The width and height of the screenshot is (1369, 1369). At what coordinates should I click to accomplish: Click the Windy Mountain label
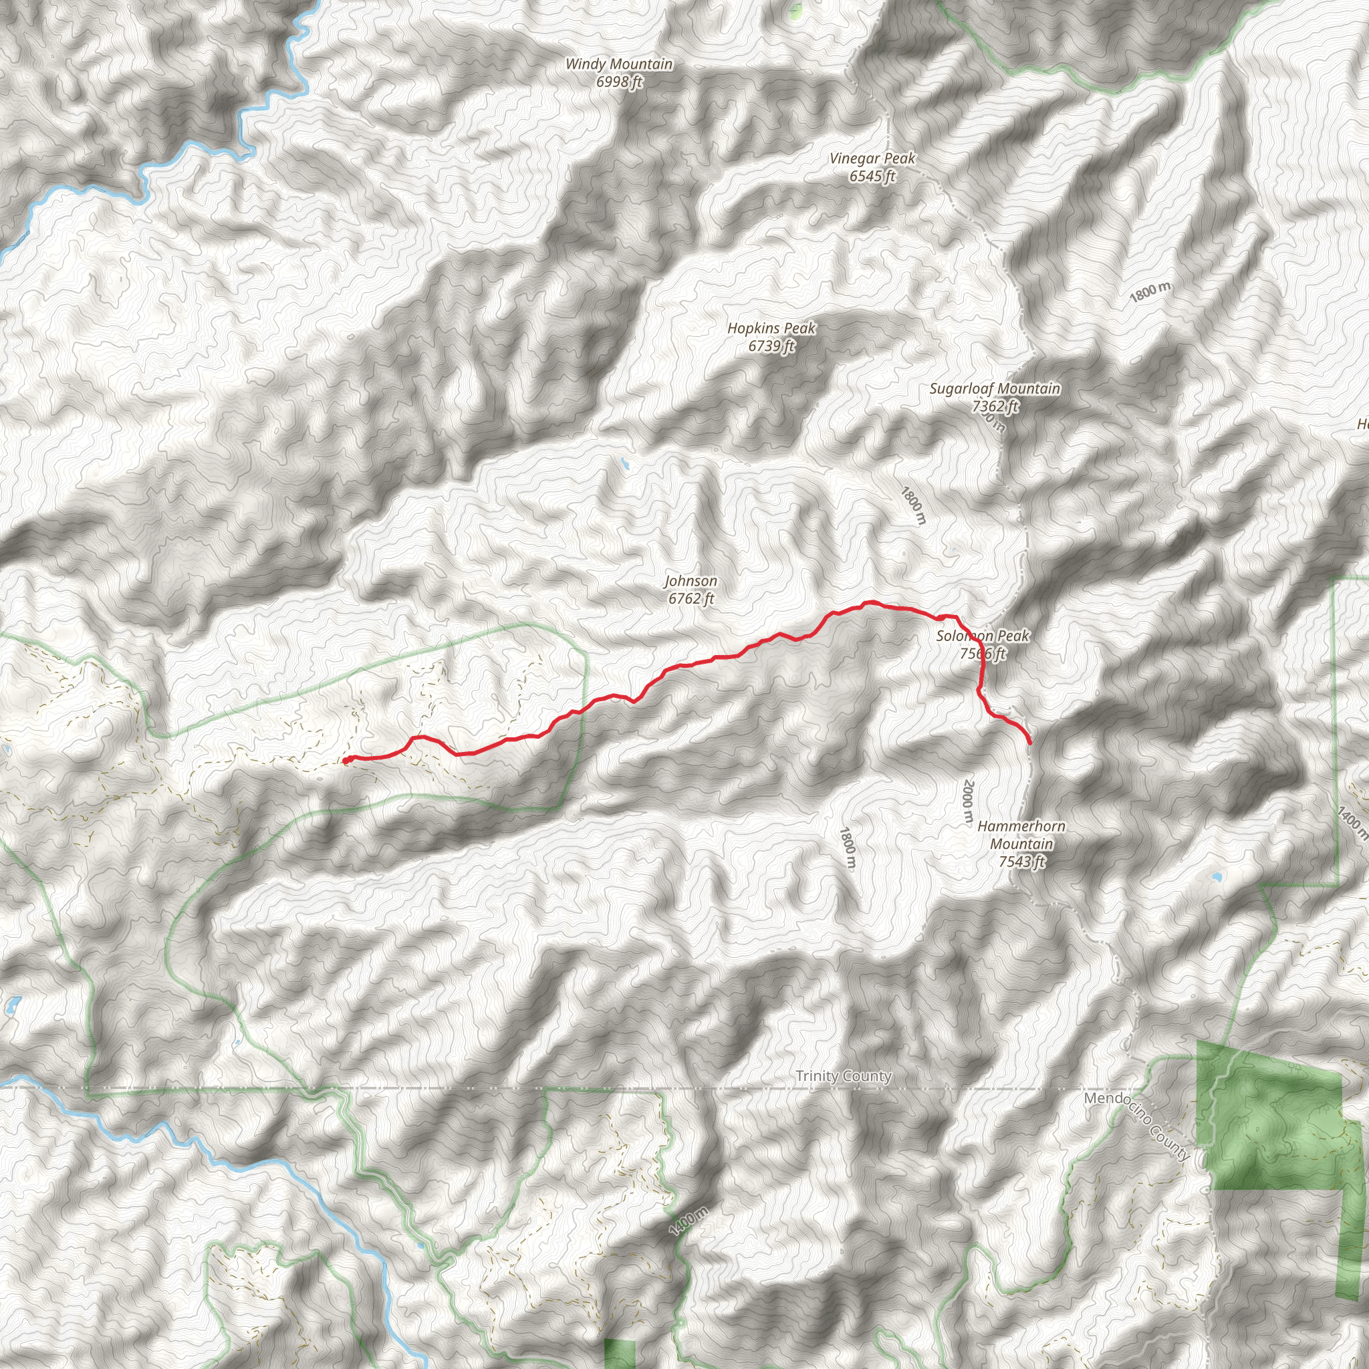(x=618, y=64)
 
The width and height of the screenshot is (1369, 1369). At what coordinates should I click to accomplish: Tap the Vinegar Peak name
(x=872, y=158)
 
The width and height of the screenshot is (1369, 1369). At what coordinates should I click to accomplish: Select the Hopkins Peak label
(x=771, y=328)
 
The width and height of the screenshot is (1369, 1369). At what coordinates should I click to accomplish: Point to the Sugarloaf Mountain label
(x=994, y=388)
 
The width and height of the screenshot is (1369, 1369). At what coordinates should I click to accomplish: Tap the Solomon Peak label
(x=982, y=636)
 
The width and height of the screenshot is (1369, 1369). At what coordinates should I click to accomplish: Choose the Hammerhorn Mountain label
(x=1021, y=835)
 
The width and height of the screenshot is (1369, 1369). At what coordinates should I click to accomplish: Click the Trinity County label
(x=842, y=1076)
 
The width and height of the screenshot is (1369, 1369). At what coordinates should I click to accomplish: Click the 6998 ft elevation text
(x=618, y=82)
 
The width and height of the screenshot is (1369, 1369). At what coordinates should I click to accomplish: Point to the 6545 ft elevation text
(x=872, y=176)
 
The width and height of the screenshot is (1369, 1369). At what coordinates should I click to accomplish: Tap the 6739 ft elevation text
(x=771, y=346)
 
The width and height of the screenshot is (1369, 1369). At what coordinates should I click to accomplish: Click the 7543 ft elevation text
(x=1021, y=862)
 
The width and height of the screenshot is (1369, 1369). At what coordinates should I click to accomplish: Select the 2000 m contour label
(x=968, y=802)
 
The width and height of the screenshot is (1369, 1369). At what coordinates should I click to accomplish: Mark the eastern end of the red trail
(x=1029, y=743)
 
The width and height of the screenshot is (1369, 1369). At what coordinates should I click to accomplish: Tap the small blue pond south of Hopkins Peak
(x=624, y=464)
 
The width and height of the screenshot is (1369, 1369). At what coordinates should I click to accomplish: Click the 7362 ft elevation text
(x=994, y=406)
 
